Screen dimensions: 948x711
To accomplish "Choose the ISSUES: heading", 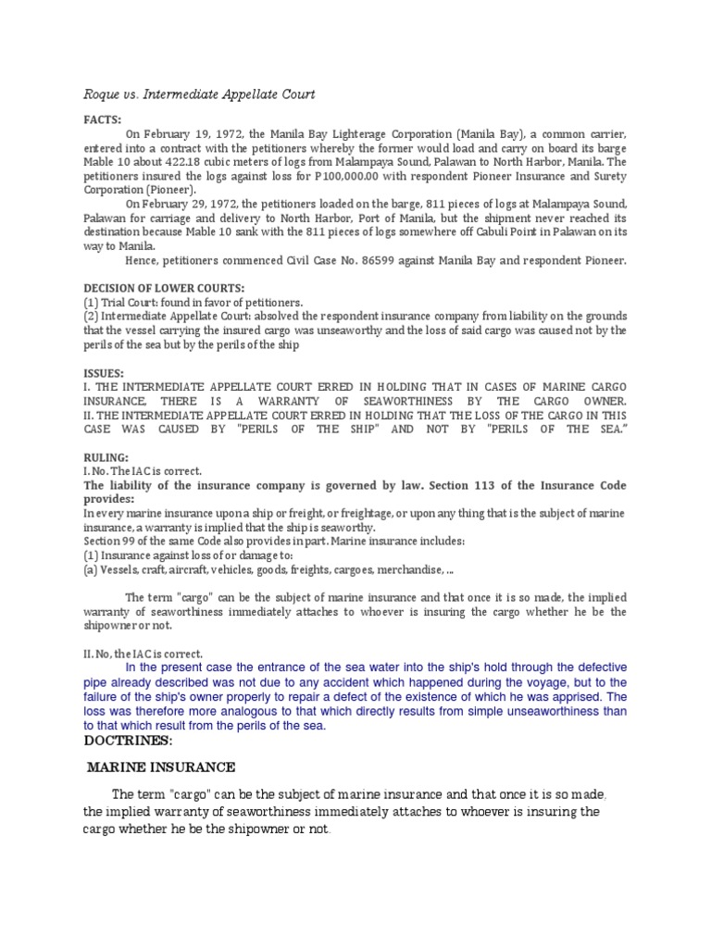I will click(x=104, y=373).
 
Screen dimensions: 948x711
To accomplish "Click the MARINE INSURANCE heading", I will click(x=161, y=767).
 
